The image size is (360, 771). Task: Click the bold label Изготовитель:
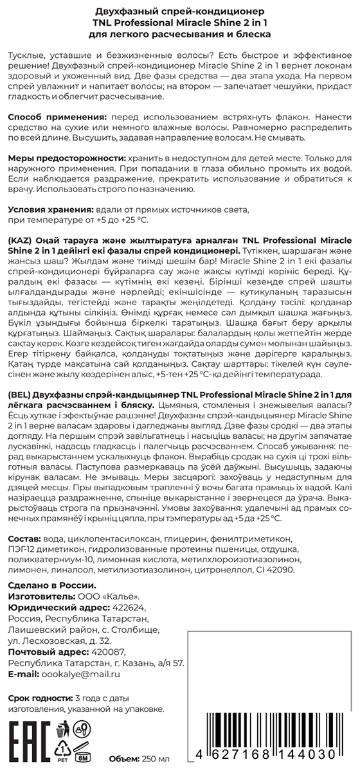(42, 597)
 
